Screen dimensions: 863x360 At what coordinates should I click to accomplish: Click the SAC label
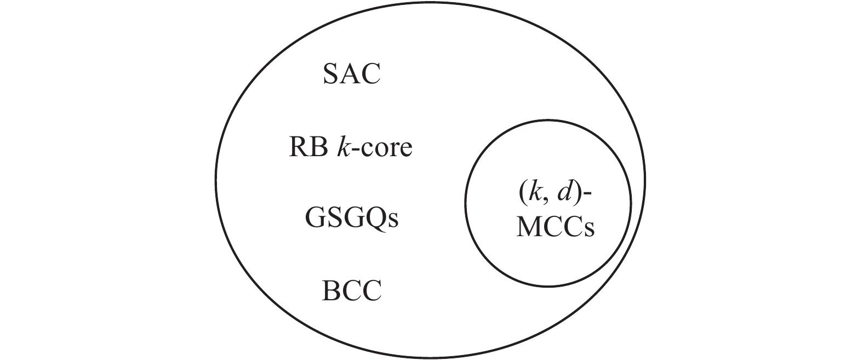pyautogui.click(x=351, y=75)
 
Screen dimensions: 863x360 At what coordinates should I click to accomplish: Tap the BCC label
pyautogui.click(x=351, y=291)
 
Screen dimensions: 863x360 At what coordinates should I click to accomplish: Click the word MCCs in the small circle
pyautogui.click(x=555, y=227)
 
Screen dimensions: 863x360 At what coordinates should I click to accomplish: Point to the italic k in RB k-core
pyautogui.click(x=342, y=147)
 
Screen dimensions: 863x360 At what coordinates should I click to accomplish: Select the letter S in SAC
pyautogui.click(x=330, y=75)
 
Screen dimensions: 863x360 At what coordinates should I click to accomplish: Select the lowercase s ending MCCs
pyautogui.click(x=590, y=230)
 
